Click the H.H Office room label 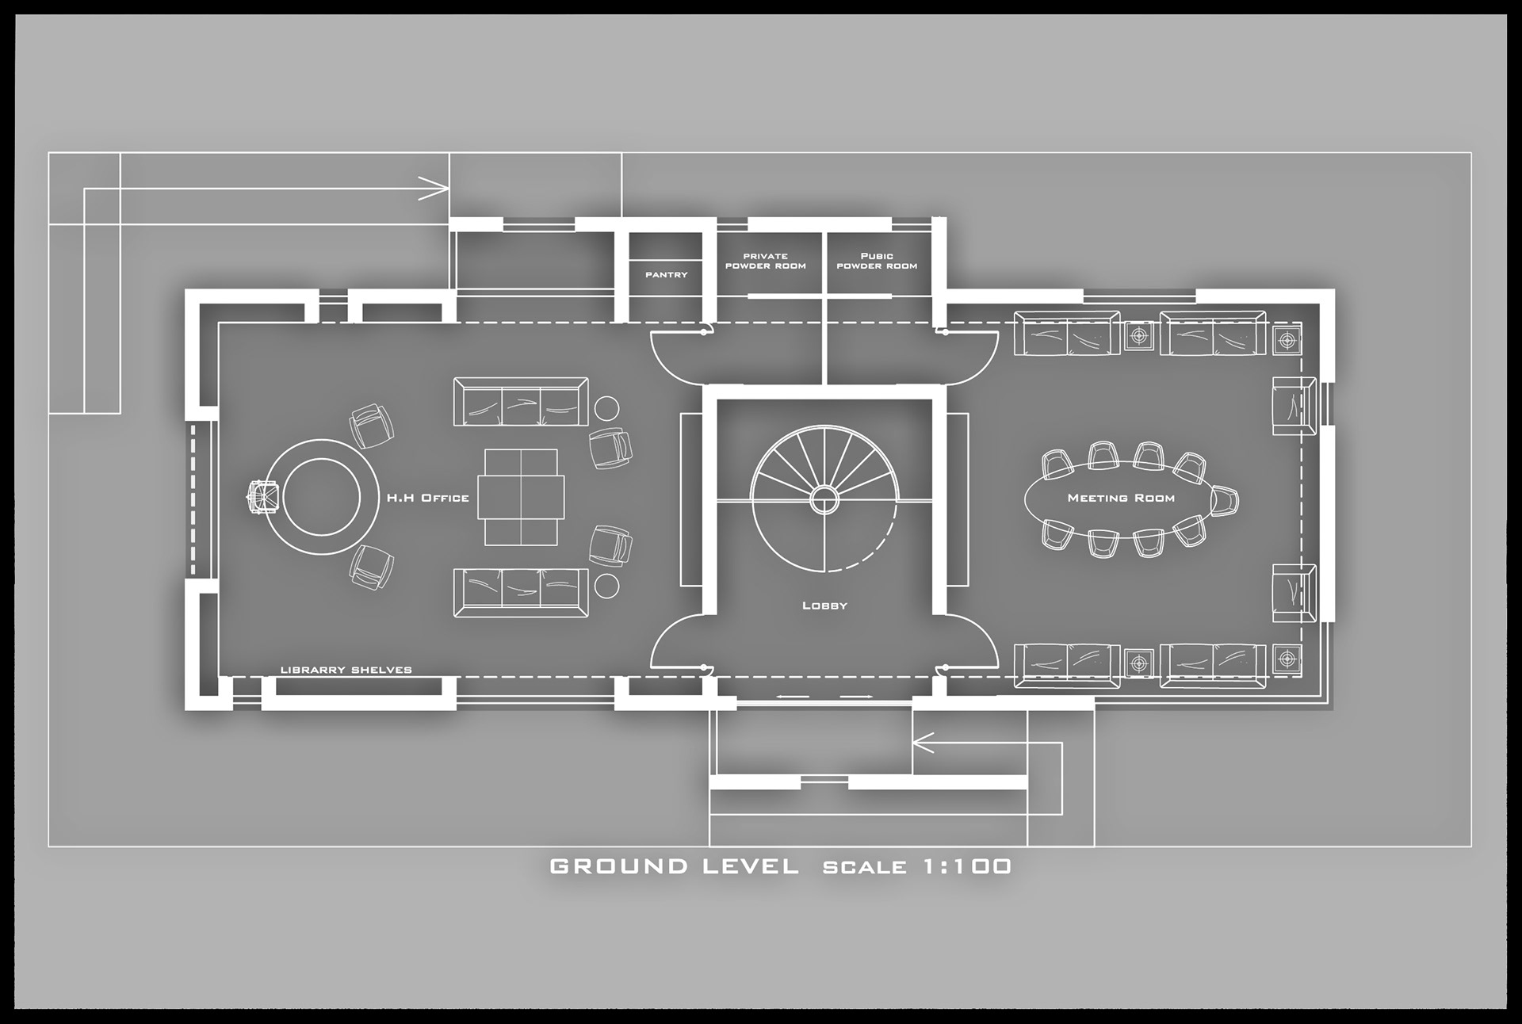pyautogui.click(x=427, y=498)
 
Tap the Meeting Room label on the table pyautogui.click(x=1121, y=498)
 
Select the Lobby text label pyautogui.click(x=824, y=606)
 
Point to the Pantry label pyautogui.click(x=666, y=274)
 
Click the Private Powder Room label pyautogui.click(x=765, y=261)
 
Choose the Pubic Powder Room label pyautogui.click(x=877, y=261)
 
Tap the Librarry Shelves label pyautogui.click(x=346, y=670)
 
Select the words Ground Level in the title pyautogui.click(x=674, y=866)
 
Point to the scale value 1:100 pyautogui.click(x=967, y=866)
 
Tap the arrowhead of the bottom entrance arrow pyautogui.click(x=921, y=743)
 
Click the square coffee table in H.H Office pyautogui.click(x=521, y=497)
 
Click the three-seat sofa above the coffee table pyautogui.click(x=521, y=402)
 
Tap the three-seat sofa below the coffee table pyautogui.click(x=521, y=592)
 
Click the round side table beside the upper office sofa pyautogui.click(x=607, y=408)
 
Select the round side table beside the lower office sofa pyautogui.click(x=607, y=586)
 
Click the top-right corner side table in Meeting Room pyautogui.click(x=1287, y=339)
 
